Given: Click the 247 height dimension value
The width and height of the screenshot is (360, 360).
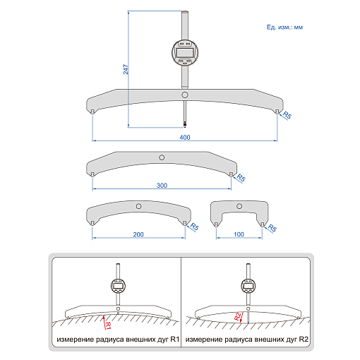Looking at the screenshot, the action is [x=126, y=69].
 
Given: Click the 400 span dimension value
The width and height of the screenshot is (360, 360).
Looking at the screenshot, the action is [x=185, y=137].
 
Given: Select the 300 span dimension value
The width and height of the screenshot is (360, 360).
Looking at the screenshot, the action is [x=162, y=186].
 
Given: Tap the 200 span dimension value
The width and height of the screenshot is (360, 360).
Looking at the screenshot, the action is [x=138, y=234].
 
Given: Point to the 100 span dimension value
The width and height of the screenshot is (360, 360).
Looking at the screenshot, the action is [x=239, y=234].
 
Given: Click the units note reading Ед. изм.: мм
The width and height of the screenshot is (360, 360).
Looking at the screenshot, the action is [x=284, y=28].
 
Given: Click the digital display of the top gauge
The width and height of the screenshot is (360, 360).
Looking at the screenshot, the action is [x=185, y=53].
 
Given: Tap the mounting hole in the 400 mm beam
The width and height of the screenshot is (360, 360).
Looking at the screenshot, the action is [x=185, y=95].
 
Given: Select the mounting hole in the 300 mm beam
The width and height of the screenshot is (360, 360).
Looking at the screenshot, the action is [x=162, y=157].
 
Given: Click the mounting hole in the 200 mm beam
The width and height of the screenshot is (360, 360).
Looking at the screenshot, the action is [x=138, y=206].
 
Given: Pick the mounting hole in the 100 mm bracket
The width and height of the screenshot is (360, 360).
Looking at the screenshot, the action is [x=239, y=206].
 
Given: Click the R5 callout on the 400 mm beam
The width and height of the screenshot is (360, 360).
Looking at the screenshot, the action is [x=287, y=115].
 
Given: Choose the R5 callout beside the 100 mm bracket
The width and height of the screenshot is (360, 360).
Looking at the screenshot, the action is [x=272, y=228].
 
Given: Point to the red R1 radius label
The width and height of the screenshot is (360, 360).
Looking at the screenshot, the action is [x=108, y=325].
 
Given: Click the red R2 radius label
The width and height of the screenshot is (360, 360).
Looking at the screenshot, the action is [x=238, y=316].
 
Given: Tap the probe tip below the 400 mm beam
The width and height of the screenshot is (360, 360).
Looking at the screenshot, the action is [x=185, y=125].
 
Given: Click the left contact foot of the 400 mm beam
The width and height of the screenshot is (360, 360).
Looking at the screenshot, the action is [x=92, y=112].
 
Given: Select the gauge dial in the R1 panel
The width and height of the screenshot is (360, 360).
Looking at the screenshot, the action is [x=118, y=285].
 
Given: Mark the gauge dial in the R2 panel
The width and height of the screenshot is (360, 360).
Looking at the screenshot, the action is [x=248, y=285].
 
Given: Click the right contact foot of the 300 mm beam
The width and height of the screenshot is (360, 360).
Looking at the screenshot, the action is [x=232, y=174].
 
